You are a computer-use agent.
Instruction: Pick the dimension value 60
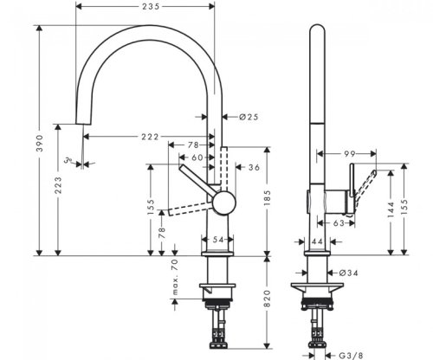coord(197,157)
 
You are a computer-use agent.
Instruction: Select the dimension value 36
coord(254,166)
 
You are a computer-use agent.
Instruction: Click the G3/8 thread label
coord(349,352)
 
